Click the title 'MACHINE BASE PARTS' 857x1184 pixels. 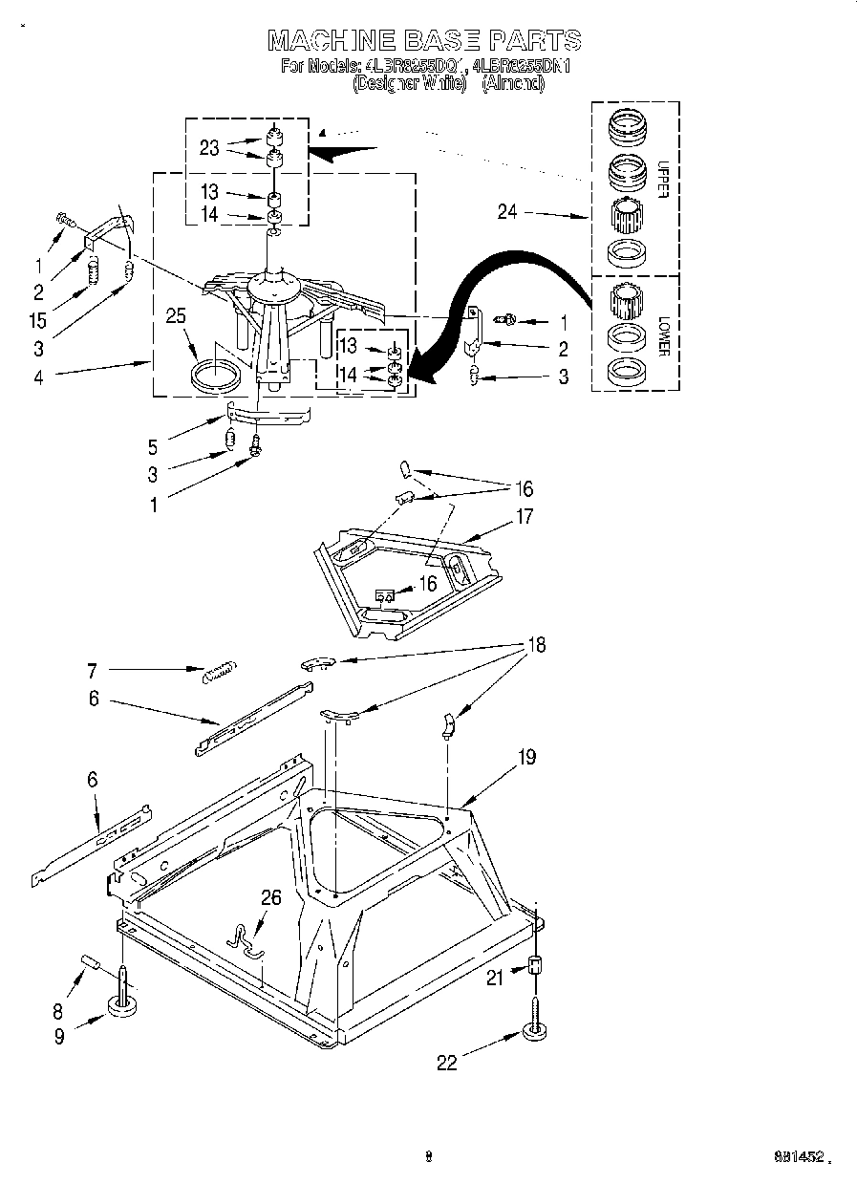coord(425,39)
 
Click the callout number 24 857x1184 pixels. coord(507,212)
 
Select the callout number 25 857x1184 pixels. coord(175,317)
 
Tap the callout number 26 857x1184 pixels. coord(271,897)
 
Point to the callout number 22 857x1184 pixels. coord(447,1062)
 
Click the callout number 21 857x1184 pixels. coord(493,976)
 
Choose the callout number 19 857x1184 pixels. coord(526,758)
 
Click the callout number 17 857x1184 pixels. coord(524,517)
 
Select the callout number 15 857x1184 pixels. coord(37,321)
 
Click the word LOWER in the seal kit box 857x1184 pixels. coord(662,338)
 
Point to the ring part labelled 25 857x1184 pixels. coord(216,374)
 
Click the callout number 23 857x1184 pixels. coord(209,148)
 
